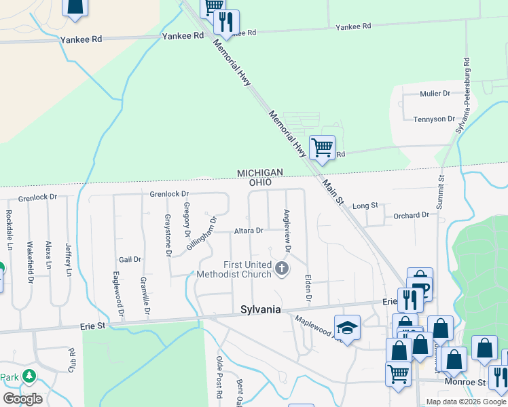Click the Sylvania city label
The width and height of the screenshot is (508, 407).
click(261, 309)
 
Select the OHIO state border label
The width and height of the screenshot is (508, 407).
click(259, 183)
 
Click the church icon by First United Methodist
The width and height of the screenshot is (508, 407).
click(281, 269)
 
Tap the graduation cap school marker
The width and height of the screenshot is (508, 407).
click(347, 327)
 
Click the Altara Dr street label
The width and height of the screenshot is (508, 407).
click(249, 231)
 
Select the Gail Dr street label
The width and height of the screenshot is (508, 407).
click(130, 259)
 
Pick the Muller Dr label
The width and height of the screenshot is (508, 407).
click(435, 94)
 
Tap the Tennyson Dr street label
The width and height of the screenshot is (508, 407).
click(434, 119)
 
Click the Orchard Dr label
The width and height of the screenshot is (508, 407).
click(412, 216)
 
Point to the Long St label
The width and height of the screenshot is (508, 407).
click(365, 206)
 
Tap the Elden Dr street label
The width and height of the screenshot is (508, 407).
click(308, 288)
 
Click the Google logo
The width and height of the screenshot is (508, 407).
click(23, 398)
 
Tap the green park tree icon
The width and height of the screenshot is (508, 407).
click(29, 375)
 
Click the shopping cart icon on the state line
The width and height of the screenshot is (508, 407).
click(322, 146)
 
